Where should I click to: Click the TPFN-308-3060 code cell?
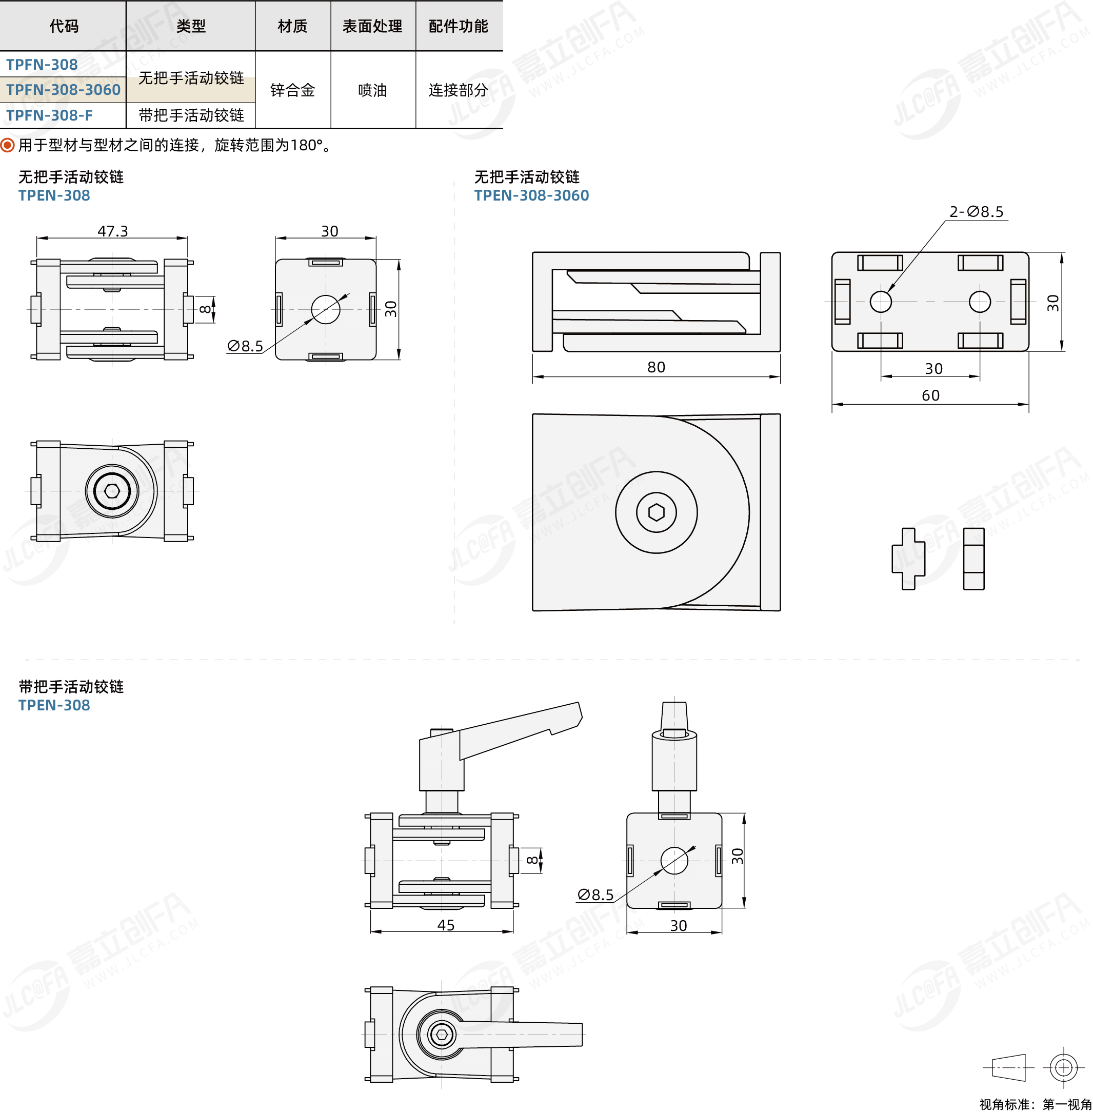[63, 90]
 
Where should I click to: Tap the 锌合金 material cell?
[293, 90]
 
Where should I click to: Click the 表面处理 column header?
[372, 26]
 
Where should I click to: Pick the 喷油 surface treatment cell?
[372, 90]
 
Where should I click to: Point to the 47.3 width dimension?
[112, 231]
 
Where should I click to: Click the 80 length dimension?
[656, 367]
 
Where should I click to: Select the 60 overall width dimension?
[930, 395]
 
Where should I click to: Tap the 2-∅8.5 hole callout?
[977, 212]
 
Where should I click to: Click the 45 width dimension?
[446, 925]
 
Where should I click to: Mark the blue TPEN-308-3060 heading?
[531, 195]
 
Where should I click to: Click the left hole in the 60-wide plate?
[881, 302]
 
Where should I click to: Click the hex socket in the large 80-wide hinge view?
[656, 512]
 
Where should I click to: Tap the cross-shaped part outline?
[908, 559]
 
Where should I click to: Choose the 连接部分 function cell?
[458, 90]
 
